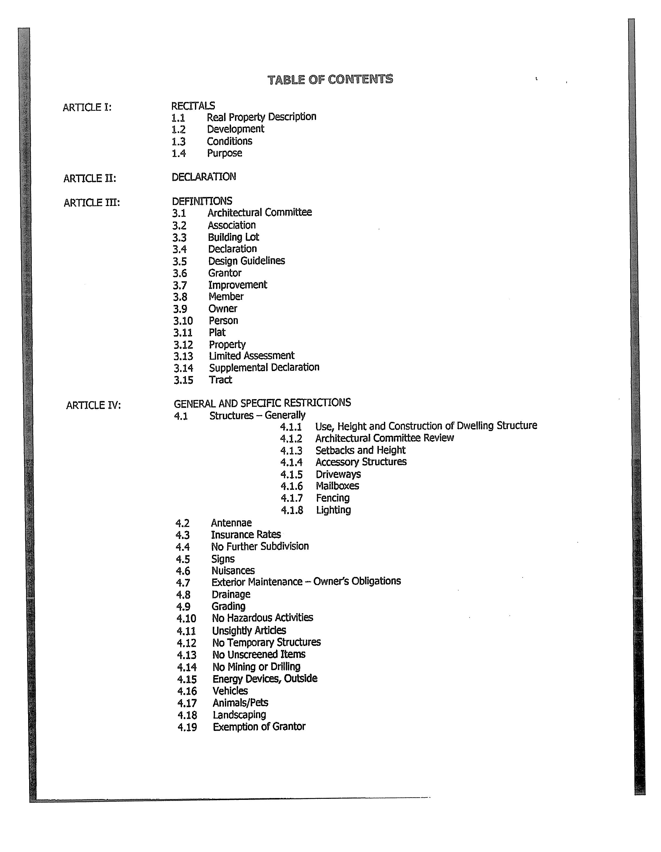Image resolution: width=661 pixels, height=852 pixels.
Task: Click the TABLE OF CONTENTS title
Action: [330, 80]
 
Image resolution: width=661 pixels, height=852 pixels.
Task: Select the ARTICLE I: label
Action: [87, 107]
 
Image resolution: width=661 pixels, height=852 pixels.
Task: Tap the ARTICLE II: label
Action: [90, 178]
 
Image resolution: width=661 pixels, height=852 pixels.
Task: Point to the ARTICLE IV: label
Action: [93, 405]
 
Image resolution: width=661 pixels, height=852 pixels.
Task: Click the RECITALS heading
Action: [193, 106]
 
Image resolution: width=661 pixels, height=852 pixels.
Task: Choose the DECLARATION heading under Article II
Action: [204, 177]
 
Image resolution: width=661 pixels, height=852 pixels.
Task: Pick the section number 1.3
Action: [178, 141]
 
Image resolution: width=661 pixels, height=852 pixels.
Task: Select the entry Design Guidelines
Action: [246, 261]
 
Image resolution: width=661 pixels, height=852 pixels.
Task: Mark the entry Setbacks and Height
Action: [360, 450]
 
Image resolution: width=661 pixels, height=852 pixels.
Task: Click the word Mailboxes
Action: [337, 486]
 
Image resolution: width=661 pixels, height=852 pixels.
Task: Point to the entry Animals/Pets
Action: [240, 703]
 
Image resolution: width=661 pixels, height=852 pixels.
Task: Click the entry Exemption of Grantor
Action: [259, 727]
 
